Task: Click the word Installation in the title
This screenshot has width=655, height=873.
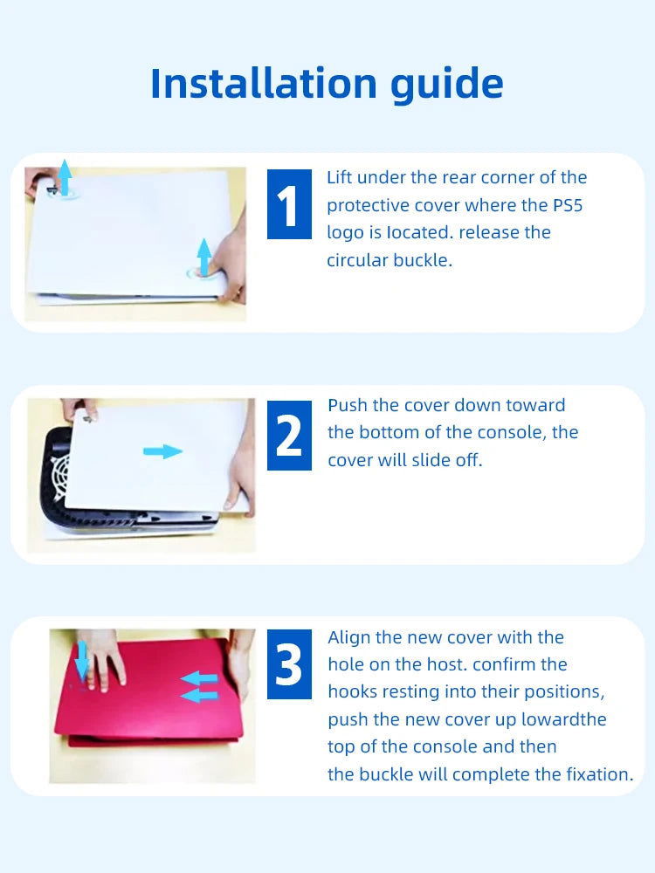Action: pyautogui.click(x=264, y=84)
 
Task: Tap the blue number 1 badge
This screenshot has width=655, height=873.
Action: pyautogui.click(x=289, y=203)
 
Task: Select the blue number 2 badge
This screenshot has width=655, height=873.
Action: pyautogui.click(x=289, y=435)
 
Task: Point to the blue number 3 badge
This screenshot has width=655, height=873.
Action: pyautogui.click(x=289, y=664)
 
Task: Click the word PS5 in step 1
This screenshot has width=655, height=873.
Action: pyautogui.click(x=568, y=205)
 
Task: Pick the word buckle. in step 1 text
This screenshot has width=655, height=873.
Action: pyautogui.click(x=423, y=260)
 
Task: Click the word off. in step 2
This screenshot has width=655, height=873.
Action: pyautogui.click(x=467, y=460)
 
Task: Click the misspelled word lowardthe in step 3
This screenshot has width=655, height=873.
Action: pyautogui.click(x=563, y=719)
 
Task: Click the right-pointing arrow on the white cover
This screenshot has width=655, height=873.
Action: pyautogui.click(x=162, y=451)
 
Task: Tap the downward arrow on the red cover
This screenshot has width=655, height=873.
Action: pyautogui.click(x=82, y=661)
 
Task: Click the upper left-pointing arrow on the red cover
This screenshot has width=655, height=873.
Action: pyautogui.click(x=199, y=678)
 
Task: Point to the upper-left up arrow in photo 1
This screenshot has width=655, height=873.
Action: pyautogui.click(x=65, y=177)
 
